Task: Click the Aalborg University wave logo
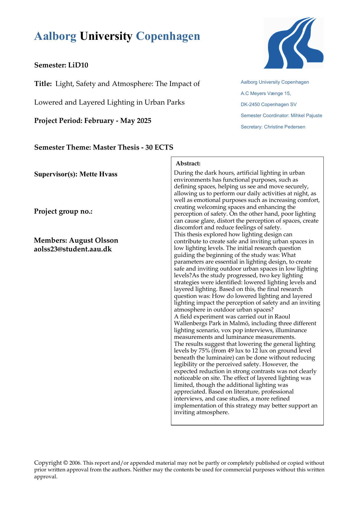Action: pos(294,43)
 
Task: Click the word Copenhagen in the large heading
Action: pos(168,36)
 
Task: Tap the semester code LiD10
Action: pos(78,65)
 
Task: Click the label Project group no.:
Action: pos(63,211)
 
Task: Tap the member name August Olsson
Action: pos(93,240)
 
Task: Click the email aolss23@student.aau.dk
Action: pos(73,249)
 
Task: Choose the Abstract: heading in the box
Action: pos(188,164)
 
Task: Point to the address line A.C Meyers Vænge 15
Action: pos(266,93)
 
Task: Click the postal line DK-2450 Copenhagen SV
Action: pos(269,104)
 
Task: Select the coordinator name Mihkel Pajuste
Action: pos(306,115)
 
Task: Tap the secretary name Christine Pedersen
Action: pos(285,127)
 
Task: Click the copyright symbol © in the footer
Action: pos(66,463)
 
